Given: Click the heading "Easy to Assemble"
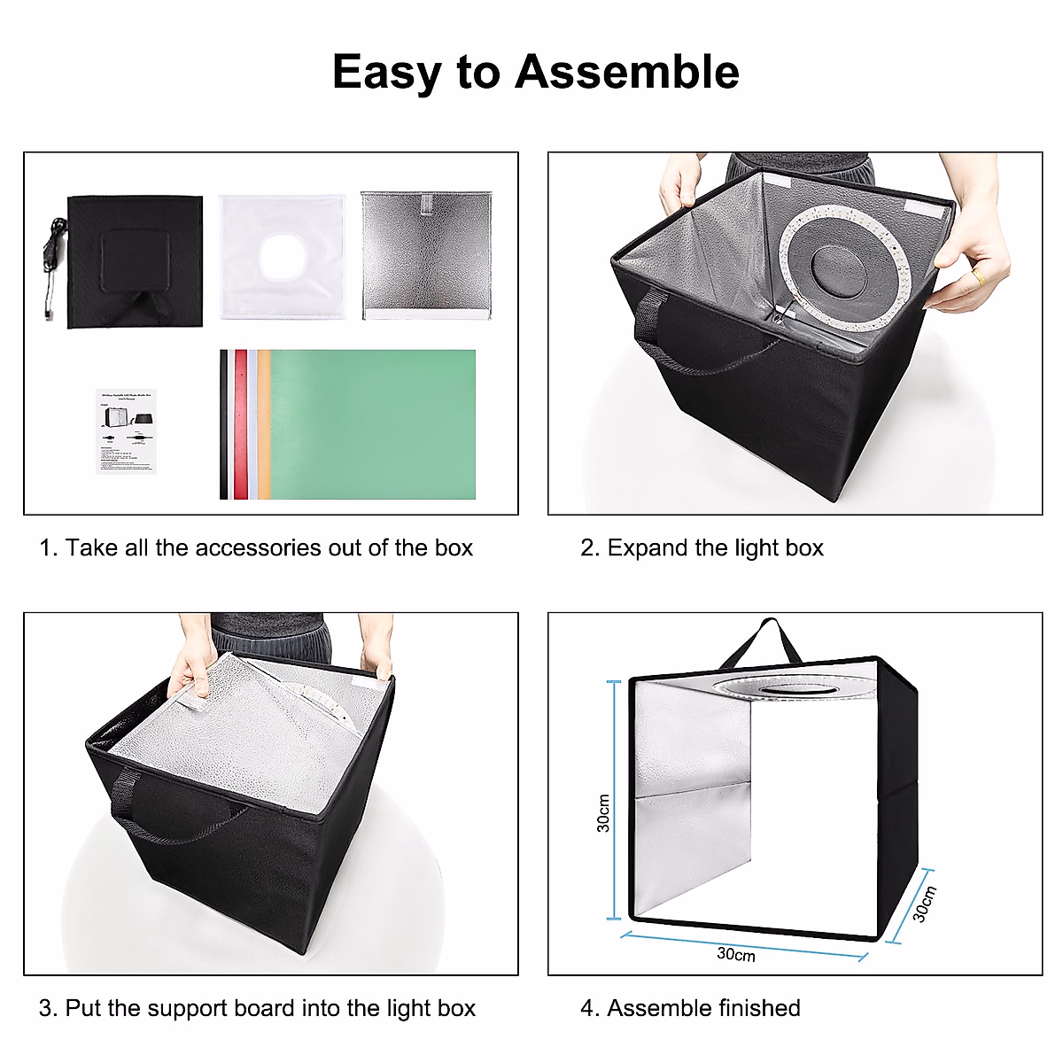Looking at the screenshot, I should tap(535, 72).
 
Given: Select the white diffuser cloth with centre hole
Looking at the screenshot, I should tap(281, 257).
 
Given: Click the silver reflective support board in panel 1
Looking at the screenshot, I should tap(426, 255).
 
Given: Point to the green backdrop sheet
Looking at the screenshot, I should tap(372, 423).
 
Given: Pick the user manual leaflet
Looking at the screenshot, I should tap(126, 431).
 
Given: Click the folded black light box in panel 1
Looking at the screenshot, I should tap(135, 261).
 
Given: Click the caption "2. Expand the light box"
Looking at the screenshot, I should tap(702, 548).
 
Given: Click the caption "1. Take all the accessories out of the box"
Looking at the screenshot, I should tap(256, 548).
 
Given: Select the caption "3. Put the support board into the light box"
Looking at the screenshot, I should tap(257, 1008).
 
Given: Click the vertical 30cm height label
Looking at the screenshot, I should tap(603, 812).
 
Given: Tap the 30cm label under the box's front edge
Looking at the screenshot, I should tap(736, 954).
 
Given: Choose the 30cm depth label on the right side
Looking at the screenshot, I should tap(924, 904).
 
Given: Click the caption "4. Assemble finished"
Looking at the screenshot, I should tap(690, 1008).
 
